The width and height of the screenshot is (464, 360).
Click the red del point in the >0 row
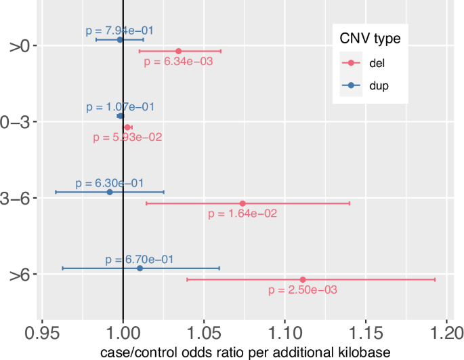[179, 51]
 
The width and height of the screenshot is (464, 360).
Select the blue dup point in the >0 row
[120, 39]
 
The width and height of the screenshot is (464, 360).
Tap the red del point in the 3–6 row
[242, 203]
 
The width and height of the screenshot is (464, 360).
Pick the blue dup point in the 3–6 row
[110, 192]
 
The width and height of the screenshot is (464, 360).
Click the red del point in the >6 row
[303, 279]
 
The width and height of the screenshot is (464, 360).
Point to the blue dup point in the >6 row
[140, 268]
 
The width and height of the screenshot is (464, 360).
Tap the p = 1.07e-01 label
[120, 107]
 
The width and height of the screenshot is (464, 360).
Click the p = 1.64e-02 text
[242, 214]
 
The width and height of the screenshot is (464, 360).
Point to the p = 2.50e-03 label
[303, 289]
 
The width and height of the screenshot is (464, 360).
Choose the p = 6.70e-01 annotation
[140, 259]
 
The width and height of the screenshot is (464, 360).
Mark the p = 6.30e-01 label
[110, 183]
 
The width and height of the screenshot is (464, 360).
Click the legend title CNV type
[370, 39]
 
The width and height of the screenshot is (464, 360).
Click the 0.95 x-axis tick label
[42, 334]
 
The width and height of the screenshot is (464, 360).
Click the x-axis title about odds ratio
[245, 353]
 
